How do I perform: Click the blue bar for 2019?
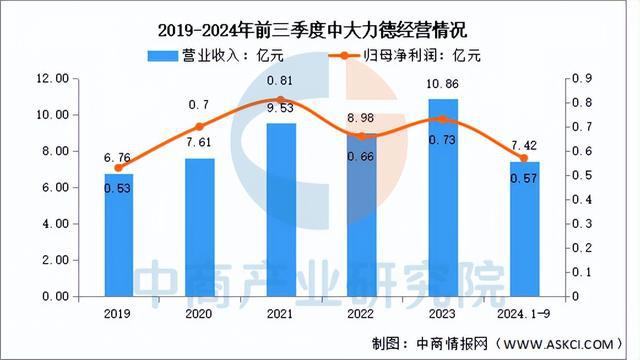point(118,235)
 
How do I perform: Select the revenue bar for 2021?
point(281,210)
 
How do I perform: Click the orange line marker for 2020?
point(200,127)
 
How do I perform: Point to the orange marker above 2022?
point(362,136)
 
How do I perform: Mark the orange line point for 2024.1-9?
point(524,158)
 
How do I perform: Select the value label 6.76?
point(118,156)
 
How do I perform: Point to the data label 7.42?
point(524,147)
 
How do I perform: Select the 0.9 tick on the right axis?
point(580,78)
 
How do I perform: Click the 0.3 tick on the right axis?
point(580,224)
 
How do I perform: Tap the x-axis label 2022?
point(362,312)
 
